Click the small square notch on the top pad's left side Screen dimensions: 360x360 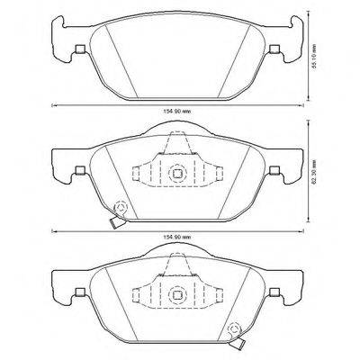click(x=80, y=49)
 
